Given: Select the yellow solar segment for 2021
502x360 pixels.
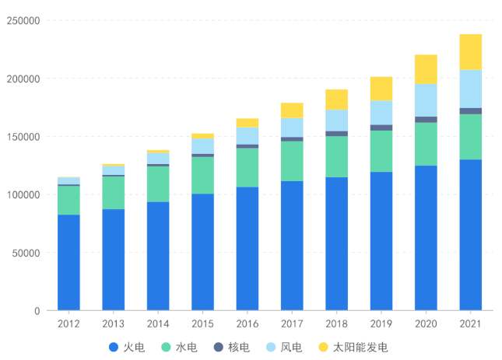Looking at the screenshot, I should (x=470, y=52).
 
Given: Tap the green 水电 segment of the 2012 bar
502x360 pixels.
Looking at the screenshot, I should (x=68, y=200).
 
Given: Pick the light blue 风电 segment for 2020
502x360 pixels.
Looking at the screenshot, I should (x=426, y=100).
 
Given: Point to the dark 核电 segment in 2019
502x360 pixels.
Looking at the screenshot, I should (x=381, y=128).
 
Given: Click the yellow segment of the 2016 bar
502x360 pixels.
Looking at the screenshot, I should (x=247, y=122).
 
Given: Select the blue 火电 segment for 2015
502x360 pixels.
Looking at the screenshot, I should (x=202, y=252).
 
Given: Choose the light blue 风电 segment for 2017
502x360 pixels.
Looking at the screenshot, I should (x=292, y=127).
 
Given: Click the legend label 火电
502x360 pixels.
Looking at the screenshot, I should (x=134, y=347).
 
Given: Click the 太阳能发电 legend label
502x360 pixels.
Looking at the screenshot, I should (x=360, y=347).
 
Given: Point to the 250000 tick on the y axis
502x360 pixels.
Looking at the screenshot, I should (x=23, y=21).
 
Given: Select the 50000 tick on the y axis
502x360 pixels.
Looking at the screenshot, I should (x=26, y=253).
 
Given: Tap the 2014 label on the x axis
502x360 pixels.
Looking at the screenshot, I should (x=158, y=323).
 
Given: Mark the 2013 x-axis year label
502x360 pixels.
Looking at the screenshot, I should (x=113, y=323).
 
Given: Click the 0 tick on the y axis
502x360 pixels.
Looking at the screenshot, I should (x=37, y=311).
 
